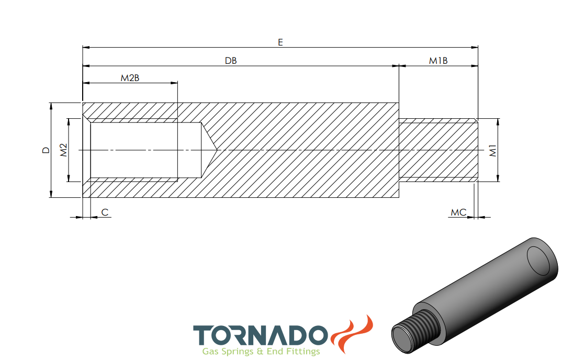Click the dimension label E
pos(280,42)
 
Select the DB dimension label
pos(231,61)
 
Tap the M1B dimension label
pos(438,61)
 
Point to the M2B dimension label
pos(130,78)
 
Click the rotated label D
pos(46,150)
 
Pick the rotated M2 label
pos(63,150)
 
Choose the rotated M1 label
pos(493,151)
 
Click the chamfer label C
pos(105,212)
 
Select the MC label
pos(458,212)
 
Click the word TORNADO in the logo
pos(261,335)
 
